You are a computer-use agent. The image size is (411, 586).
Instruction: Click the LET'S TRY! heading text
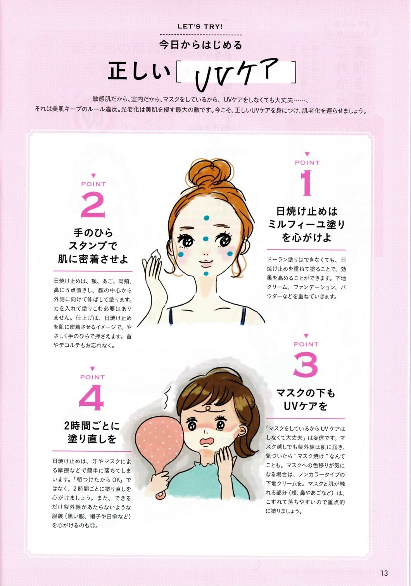coord(200,26)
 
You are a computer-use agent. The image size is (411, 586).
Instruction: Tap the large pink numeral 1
coord(306,183)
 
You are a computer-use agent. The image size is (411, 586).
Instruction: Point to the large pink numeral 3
coord(306,365)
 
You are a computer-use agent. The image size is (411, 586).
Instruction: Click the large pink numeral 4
coord(92,397)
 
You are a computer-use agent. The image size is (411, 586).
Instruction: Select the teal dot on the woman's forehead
coord(206,217)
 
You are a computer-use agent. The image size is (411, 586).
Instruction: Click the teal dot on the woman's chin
coord(206,274)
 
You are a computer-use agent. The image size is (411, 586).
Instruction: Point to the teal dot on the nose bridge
coord(205,238)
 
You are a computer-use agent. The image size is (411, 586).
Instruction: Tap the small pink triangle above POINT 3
coord(306,336)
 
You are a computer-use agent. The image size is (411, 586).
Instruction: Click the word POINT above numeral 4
coord(92,377)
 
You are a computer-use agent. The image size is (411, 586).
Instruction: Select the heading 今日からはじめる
coord(201,45)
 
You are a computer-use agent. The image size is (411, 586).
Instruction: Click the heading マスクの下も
coord(306,393)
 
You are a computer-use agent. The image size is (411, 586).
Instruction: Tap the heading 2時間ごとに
coord(92,426)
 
